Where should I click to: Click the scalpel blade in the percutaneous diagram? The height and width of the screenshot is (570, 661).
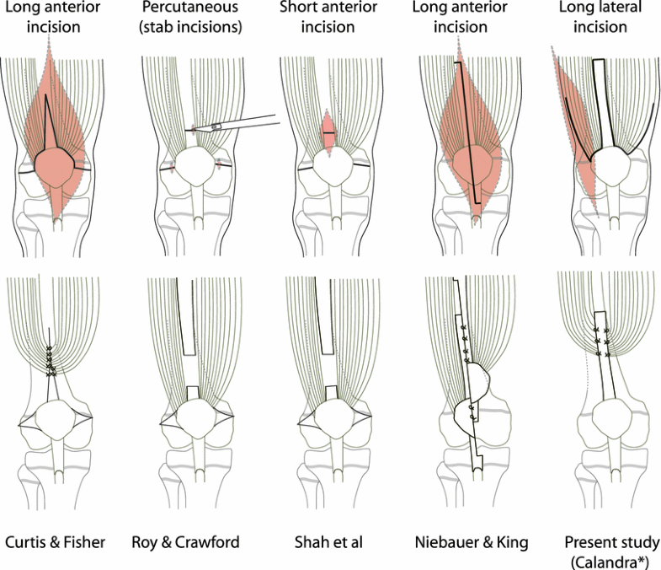(216, 126)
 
